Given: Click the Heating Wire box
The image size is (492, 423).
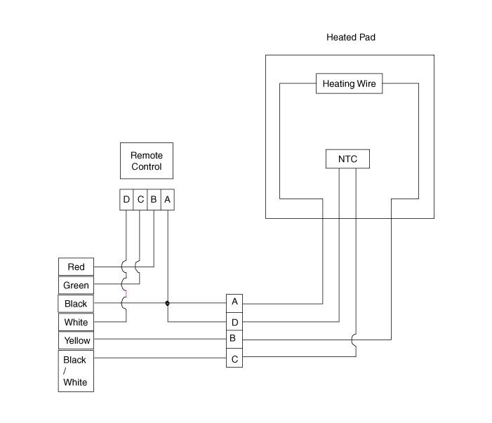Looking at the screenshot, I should tap(349, 84).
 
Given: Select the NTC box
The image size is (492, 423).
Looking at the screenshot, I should tap(347, 159).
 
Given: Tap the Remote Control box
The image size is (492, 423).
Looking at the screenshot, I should tap(146, 161).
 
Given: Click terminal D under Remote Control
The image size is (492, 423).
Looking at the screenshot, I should tap(126, 200).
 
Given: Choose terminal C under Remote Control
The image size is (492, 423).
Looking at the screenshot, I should tap(140, 200).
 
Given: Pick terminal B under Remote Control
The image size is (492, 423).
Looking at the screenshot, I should tap(153, 200).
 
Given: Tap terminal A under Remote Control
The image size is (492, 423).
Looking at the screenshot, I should tap(167, 200).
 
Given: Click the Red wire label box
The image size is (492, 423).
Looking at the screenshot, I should tap(76, 267).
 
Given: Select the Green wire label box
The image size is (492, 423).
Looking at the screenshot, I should tap(76, 286).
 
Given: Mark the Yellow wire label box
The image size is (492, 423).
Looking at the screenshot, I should tap(76, 340).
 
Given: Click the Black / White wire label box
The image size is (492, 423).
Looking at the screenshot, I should tap(76, 371).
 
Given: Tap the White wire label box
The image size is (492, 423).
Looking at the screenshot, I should tap(76, 322).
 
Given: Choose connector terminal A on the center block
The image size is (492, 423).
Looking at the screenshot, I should tap(234, 302).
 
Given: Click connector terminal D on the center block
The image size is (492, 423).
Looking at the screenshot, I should tap(234, 322).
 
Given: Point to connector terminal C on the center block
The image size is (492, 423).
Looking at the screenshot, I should tap(234, 359).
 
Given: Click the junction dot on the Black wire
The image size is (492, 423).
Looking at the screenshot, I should tap(167, 304).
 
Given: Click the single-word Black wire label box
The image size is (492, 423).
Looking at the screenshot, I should tap(76, 304).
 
